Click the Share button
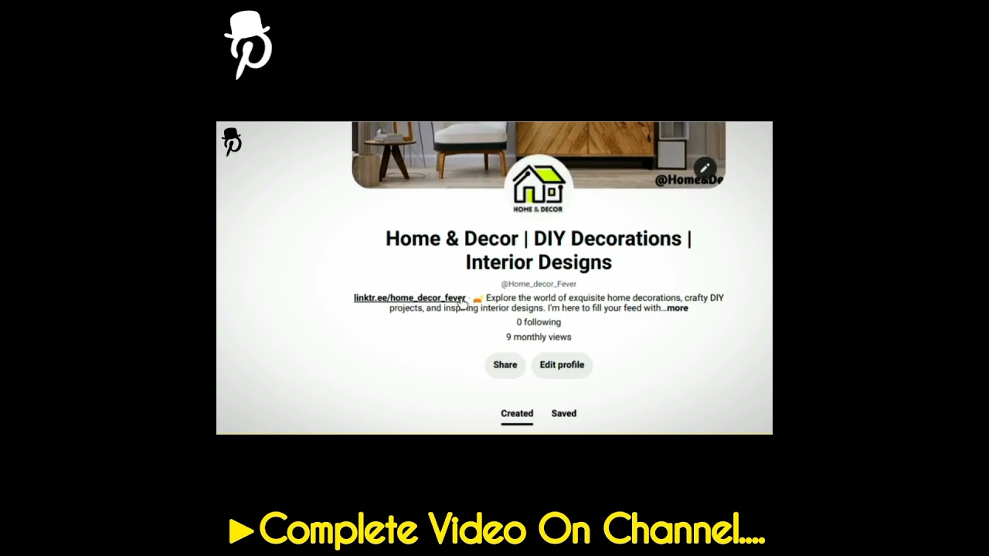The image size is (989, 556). [505, 365]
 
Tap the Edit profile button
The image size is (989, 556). [562, 365]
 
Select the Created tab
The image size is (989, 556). [517, 414]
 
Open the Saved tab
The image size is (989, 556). [564, 414]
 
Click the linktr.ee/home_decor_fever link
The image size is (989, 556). [410, 298]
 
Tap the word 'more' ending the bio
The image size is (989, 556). [678, 308]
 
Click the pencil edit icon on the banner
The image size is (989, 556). [705, 168]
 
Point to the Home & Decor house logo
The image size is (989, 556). [539, 188]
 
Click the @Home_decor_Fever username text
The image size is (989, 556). [539, 284]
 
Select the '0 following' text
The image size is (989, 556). [539, 323]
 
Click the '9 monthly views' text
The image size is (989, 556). [539, 337]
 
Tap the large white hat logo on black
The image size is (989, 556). [247, 44]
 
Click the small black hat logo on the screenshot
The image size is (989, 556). [232, 142]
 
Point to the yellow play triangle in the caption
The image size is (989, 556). [241, 531]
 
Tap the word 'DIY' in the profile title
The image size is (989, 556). [549, 239]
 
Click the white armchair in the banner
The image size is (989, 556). [470, 143]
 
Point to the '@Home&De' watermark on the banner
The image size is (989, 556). [688, 180]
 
